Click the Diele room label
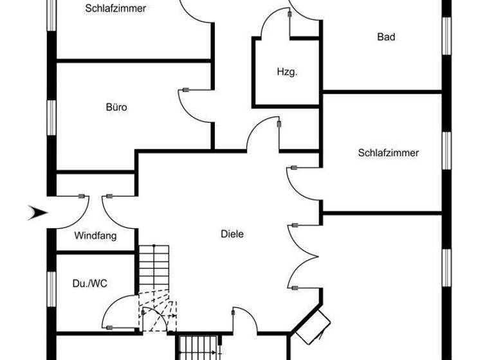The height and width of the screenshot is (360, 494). (x=232, y=235)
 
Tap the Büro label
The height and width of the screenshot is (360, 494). (x=116, y=107)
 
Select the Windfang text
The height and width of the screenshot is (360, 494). (x=95, y=236)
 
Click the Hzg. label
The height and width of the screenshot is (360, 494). (x=287, y=72)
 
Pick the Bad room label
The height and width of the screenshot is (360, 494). (x=386, y=37)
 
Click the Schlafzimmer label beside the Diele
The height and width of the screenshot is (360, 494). (x=389, y=153)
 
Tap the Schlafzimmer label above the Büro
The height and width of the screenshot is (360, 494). (x=116, y=9)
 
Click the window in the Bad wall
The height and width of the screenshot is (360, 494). (x=445, y=37)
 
